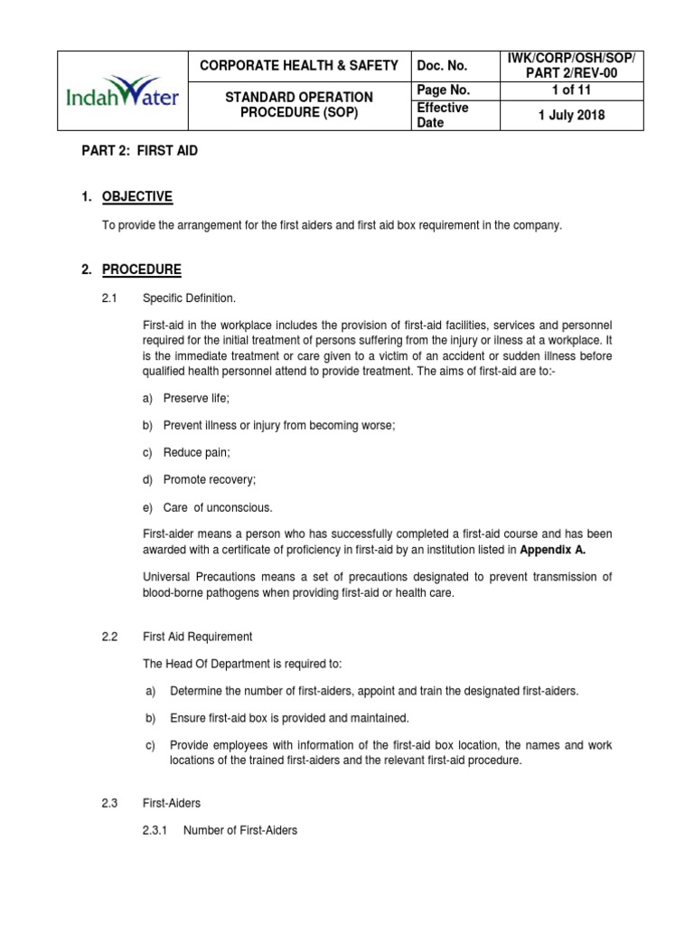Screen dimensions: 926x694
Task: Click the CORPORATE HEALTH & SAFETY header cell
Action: click(x=298, y=65)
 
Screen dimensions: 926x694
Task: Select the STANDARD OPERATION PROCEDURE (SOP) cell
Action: click(x=298, y=105)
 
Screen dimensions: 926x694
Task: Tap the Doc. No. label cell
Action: click(x=442, y=65)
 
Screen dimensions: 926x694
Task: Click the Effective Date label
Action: click(x=442, y=115)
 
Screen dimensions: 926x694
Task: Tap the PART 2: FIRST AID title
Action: click(x=139, y=151)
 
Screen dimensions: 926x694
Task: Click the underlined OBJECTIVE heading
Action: click(x=137, y=196)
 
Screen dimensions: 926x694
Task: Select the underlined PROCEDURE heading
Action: click(x=142, y=269)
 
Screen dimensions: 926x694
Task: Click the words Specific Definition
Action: click(x=189, y=298)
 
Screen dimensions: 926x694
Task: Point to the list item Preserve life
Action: click(x=197, y=397)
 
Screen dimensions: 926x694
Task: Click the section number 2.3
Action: click(x=110, y=802)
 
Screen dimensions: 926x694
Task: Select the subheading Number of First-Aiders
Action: click(x=239, y=829)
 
